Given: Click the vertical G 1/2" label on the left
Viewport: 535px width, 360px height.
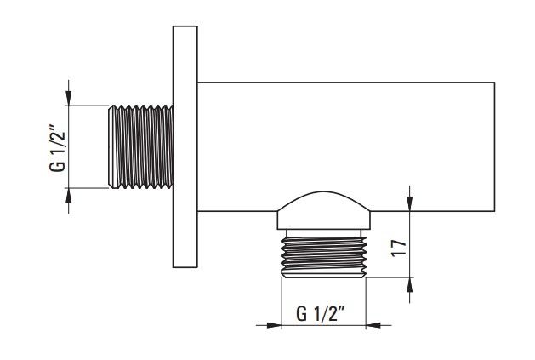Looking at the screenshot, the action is click(57, 149).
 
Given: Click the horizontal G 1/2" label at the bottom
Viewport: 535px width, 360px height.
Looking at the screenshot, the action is click(321, 313).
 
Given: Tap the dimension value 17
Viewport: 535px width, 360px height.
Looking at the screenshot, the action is click(399, 248).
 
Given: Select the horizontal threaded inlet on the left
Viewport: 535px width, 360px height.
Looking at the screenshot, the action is click(141, 146).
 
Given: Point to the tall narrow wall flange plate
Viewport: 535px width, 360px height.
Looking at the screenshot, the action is click(185, 146).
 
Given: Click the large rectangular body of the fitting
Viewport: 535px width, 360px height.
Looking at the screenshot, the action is click(346, 147).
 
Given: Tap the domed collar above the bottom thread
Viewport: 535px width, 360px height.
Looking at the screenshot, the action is click(323, 210).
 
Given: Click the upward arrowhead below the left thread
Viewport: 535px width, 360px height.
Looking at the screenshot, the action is click(69, 196).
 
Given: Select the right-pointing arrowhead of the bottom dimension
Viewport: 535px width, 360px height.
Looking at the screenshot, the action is click(273, 325).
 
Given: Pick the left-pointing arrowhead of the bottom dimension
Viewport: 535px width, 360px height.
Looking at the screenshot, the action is click(374, 325).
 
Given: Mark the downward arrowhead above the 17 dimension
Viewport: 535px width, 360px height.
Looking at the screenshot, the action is click(410, 203).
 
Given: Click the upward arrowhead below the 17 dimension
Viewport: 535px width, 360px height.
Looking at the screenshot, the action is click(410, 285).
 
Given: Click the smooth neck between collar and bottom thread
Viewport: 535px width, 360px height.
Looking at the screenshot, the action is click(323, 233).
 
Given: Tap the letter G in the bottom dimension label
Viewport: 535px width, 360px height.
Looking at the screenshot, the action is click(301, 314).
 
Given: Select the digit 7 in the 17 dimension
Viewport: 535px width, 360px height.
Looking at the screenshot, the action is click(399, 244).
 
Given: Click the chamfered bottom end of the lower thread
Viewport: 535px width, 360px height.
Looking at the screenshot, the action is click(323, 275).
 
